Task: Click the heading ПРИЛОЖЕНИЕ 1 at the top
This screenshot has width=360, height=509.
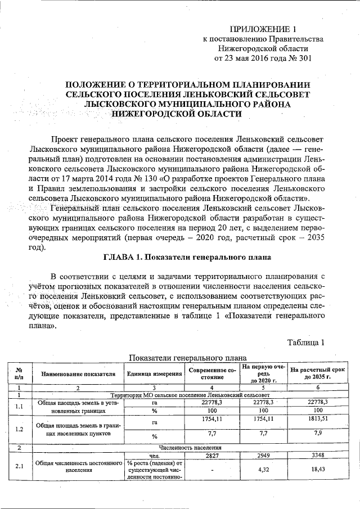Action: click(263, 29)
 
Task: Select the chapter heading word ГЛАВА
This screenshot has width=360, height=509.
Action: click(121, 257)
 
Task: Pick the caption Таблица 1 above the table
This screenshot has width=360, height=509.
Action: click(305, 342)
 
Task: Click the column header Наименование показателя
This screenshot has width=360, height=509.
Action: click(78, 373)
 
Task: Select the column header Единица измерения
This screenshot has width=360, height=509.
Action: click(154, 373)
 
